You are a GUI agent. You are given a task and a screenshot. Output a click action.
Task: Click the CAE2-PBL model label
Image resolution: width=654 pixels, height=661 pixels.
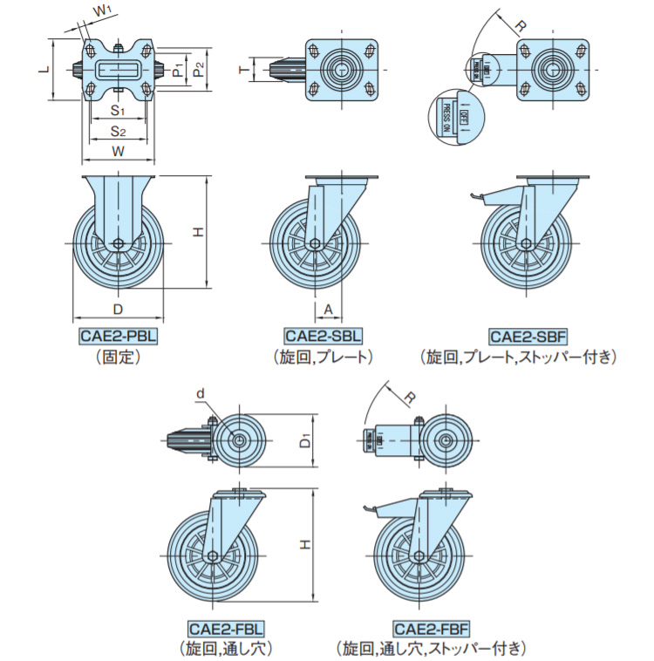point(118,337)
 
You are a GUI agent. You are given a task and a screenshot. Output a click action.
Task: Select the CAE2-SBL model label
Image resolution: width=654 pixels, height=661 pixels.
point(324,337)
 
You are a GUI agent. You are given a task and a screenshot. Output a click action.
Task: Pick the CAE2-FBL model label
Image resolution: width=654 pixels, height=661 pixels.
point(225,628)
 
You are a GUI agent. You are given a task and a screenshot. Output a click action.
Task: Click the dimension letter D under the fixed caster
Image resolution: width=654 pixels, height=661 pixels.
point(118,310)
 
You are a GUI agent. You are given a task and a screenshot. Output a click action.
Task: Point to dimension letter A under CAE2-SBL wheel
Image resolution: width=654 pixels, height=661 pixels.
point(328,310)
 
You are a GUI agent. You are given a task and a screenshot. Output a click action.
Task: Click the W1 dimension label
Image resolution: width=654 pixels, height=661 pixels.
point(103,10)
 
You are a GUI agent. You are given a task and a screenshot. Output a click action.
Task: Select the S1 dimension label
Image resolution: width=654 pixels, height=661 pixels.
point(119,111)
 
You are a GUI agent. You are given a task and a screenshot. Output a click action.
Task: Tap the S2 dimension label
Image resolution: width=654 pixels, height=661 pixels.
point(119,132)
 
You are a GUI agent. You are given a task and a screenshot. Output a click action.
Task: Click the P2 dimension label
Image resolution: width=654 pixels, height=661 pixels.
point(200,68)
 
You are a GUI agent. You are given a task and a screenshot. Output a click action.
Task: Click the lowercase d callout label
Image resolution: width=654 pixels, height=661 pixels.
point(200,394)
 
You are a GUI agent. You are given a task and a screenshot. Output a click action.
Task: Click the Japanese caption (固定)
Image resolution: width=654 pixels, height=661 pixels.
point(118,357)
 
